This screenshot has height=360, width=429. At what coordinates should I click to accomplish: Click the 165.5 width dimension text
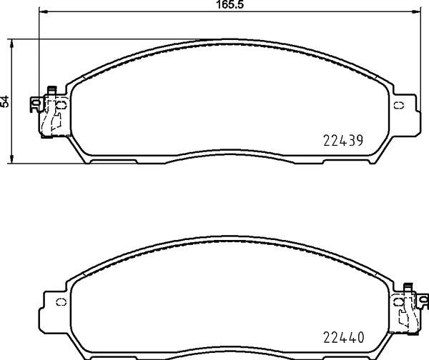pyautogui.click(x=230, y=5)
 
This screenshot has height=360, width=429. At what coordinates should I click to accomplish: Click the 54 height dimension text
pyautogui.click(x=5, y=101)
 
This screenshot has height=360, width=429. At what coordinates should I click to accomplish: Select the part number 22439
pyautogui.click(x=343, y=141)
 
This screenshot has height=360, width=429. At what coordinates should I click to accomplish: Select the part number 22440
pyautogui.click(x=344, y=338)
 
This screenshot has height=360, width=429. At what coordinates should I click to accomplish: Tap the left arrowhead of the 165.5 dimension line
pyautogui.click(x=43, y=11)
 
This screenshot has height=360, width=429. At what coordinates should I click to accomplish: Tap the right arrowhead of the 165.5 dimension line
pyautogui.click(x=415, y=11)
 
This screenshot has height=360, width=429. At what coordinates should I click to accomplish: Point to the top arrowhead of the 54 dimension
pyautogui.click(x=11, y=43)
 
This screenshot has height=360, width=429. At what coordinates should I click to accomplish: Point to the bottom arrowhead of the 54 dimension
pyautogui.click(x=11, y=159)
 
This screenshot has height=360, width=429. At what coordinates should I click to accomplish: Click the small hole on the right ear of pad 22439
pyautogui.click(x=399, y=106)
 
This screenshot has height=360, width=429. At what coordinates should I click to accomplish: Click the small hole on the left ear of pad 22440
pyautogui.click(x=61, y=302)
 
